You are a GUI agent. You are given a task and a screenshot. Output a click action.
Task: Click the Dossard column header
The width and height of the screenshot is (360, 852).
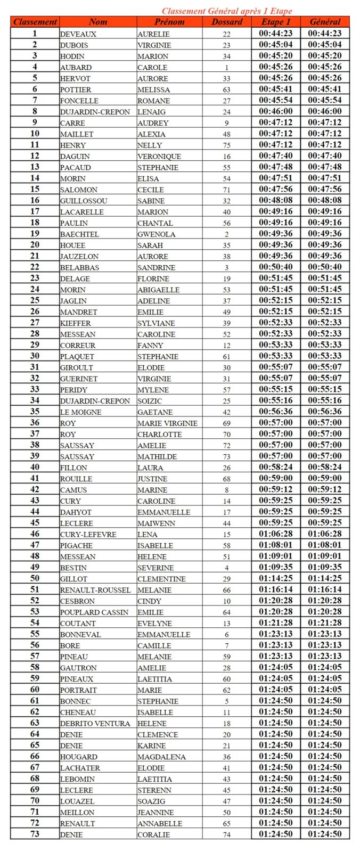pos(227,22)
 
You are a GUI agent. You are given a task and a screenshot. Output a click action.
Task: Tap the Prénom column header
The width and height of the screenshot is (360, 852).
pos(169,22)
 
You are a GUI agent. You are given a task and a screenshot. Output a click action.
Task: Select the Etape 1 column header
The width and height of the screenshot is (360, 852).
pos(276,22)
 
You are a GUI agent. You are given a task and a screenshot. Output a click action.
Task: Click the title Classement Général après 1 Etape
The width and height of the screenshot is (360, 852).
pos(227,11)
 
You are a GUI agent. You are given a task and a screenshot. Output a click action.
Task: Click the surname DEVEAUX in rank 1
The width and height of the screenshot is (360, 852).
pos(78,34)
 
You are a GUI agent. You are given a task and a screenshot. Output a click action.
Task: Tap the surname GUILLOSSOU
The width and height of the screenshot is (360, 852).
pos(84,201)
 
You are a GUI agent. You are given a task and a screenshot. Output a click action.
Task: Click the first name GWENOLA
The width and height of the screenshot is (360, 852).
pos(157,234)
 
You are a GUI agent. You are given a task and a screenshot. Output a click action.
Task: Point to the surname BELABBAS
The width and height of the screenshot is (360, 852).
pos(79,268)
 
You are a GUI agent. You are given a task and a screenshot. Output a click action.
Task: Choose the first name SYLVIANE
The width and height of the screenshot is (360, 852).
pos(156,323)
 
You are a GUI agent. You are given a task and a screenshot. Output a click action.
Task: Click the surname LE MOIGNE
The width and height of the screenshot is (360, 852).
pos(80,412)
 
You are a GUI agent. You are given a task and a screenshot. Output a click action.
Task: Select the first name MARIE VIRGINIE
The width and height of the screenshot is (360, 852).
pos(167,423)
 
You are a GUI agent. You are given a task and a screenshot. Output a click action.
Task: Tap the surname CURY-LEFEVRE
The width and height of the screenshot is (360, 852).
pos(88,535)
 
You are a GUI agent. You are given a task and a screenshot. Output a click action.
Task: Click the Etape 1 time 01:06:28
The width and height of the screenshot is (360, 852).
pos(276,534)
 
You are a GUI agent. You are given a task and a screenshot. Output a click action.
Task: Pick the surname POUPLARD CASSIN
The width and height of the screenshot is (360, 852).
pos(94,612)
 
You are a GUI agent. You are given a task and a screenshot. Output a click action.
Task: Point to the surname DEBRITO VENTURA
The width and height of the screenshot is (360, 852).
pos(95,724)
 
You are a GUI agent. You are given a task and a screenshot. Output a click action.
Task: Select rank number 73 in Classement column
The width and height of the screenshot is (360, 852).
pos(35,834)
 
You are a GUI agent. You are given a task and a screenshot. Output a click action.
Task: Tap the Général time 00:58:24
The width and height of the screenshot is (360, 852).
pos(325,467)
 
